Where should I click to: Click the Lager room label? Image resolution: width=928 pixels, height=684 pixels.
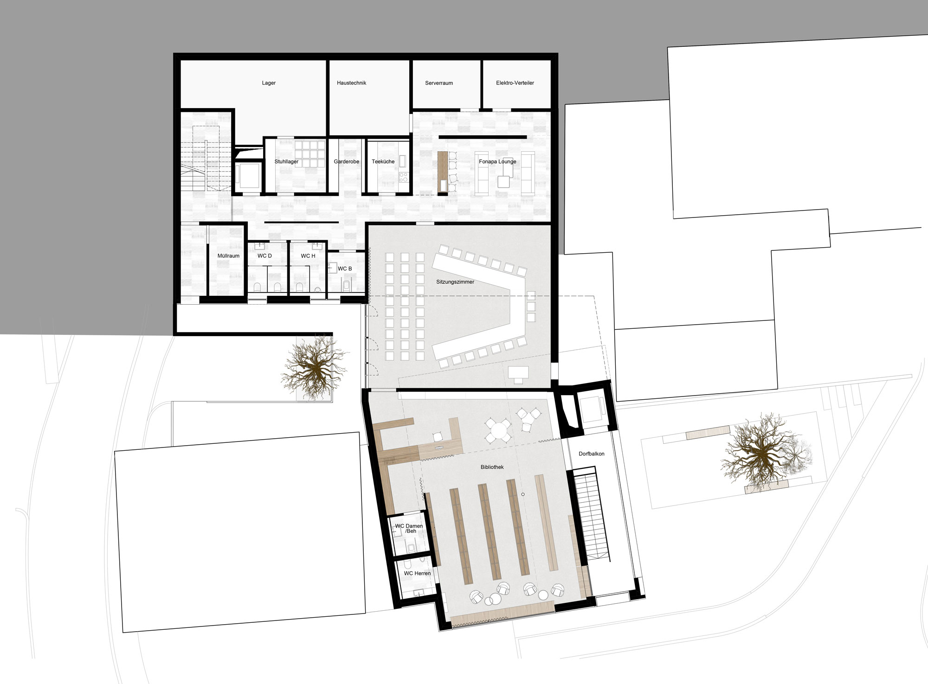(269, 83)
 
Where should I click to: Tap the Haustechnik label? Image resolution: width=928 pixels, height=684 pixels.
(352, 83)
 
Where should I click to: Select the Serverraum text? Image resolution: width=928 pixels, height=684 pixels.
(439, 83)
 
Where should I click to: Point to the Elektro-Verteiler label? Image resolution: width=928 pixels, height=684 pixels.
(515, 83)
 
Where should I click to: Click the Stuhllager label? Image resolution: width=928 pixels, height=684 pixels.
(286, 162)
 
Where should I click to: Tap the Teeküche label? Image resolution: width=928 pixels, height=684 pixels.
(383, 162)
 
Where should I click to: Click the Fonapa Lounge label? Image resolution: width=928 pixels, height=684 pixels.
(497, 162)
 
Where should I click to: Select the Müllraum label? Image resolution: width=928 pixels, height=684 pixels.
(228, 256)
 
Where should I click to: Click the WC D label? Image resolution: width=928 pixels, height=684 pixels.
(264, 256)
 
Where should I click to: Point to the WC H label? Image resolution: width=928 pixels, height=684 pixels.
(308, 256)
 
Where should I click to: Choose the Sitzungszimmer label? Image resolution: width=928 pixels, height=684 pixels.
(455, 282)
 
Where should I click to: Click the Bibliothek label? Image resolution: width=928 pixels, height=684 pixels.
(492, 467)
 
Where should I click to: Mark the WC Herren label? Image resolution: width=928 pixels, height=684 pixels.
(417, 574)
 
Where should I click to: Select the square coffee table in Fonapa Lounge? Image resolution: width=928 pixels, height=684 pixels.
(504, 181)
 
